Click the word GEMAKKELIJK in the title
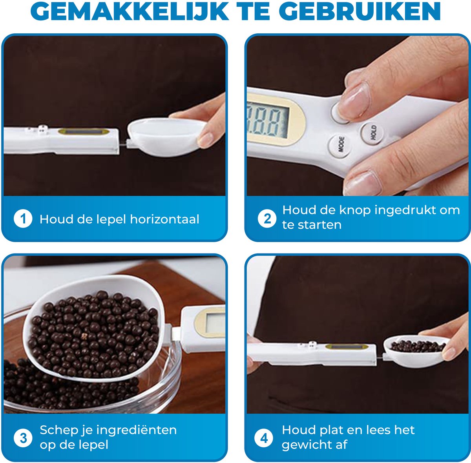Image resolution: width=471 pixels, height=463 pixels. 130,11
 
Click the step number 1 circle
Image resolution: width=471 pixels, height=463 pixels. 23,219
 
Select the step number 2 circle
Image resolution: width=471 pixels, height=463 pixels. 267,219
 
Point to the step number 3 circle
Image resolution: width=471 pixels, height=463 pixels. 23,438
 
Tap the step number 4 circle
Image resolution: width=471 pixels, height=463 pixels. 264,438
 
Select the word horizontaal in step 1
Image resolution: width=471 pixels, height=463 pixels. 164,219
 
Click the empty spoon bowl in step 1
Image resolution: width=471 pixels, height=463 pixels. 166,137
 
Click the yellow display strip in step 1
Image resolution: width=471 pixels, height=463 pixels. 84,132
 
